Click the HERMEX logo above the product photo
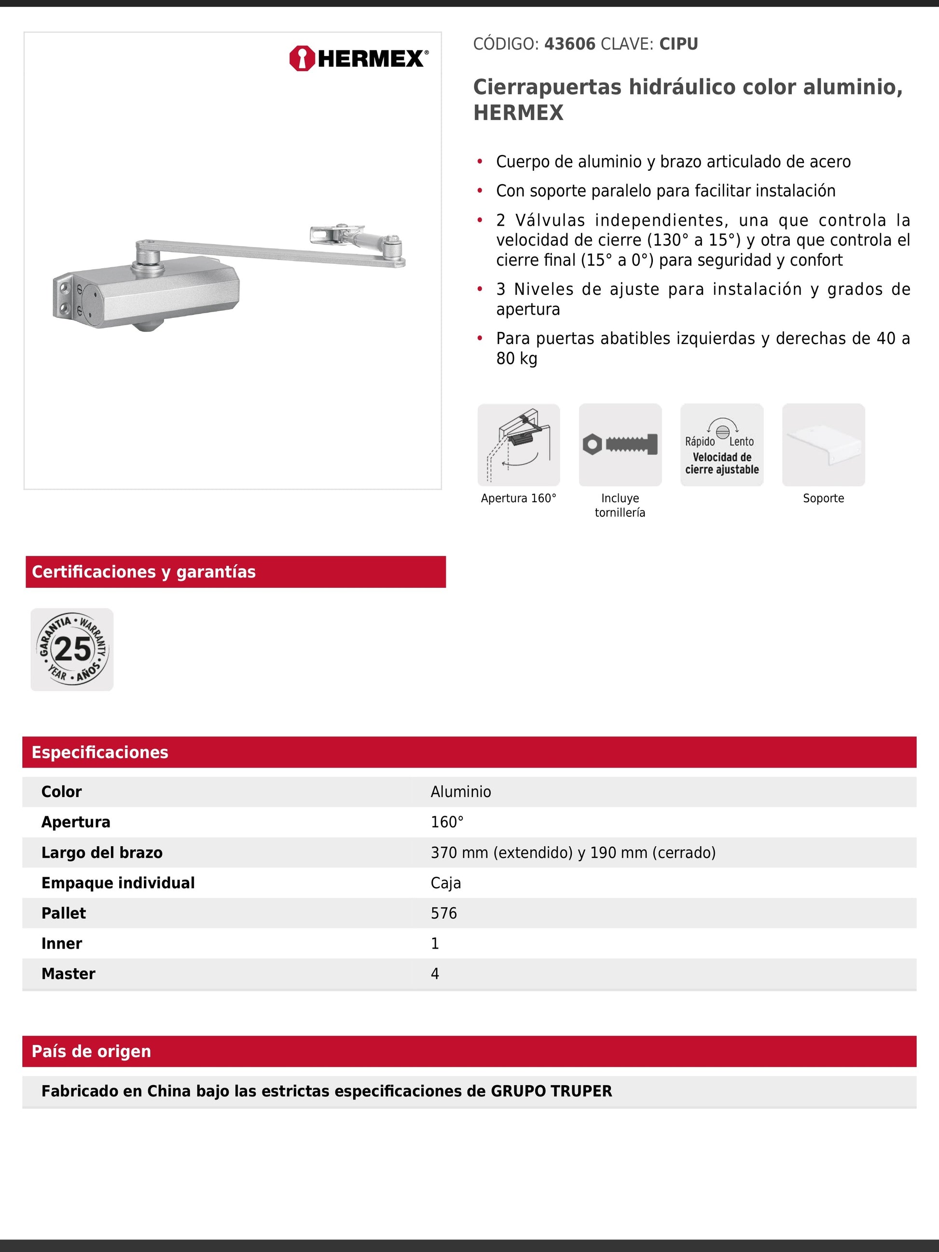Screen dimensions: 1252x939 coord(359,58)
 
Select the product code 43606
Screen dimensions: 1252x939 coord(569,44)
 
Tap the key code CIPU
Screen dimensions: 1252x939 coord(678,44)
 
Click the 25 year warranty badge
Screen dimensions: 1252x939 coord(72,649)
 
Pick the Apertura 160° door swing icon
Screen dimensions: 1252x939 coord(518,445)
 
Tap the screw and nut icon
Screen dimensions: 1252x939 coord(620,445)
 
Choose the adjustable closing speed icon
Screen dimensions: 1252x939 coord(722,445)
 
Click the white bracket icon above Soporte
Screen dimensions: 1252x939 coord(823,445)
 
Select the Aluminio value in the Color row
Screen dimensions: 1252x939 coord(461,792)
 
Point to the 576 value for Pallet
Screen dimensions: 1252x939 coord(444,913)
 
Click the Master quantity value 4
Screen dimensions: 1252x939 coord(435,974)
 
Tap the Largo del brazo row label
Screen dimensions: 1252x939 coord(102,853)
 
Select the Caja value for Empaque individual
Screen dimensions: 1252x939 coord(445,883)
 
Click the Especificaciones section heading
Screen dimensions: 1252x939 coord(99,752)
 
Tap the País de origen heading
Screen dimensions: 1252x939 coord(91,1051)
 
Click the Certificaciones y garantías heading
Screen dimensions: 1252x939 coord(144,572)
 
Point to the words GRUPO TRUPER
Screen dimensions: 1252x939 coord(551,1091)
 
